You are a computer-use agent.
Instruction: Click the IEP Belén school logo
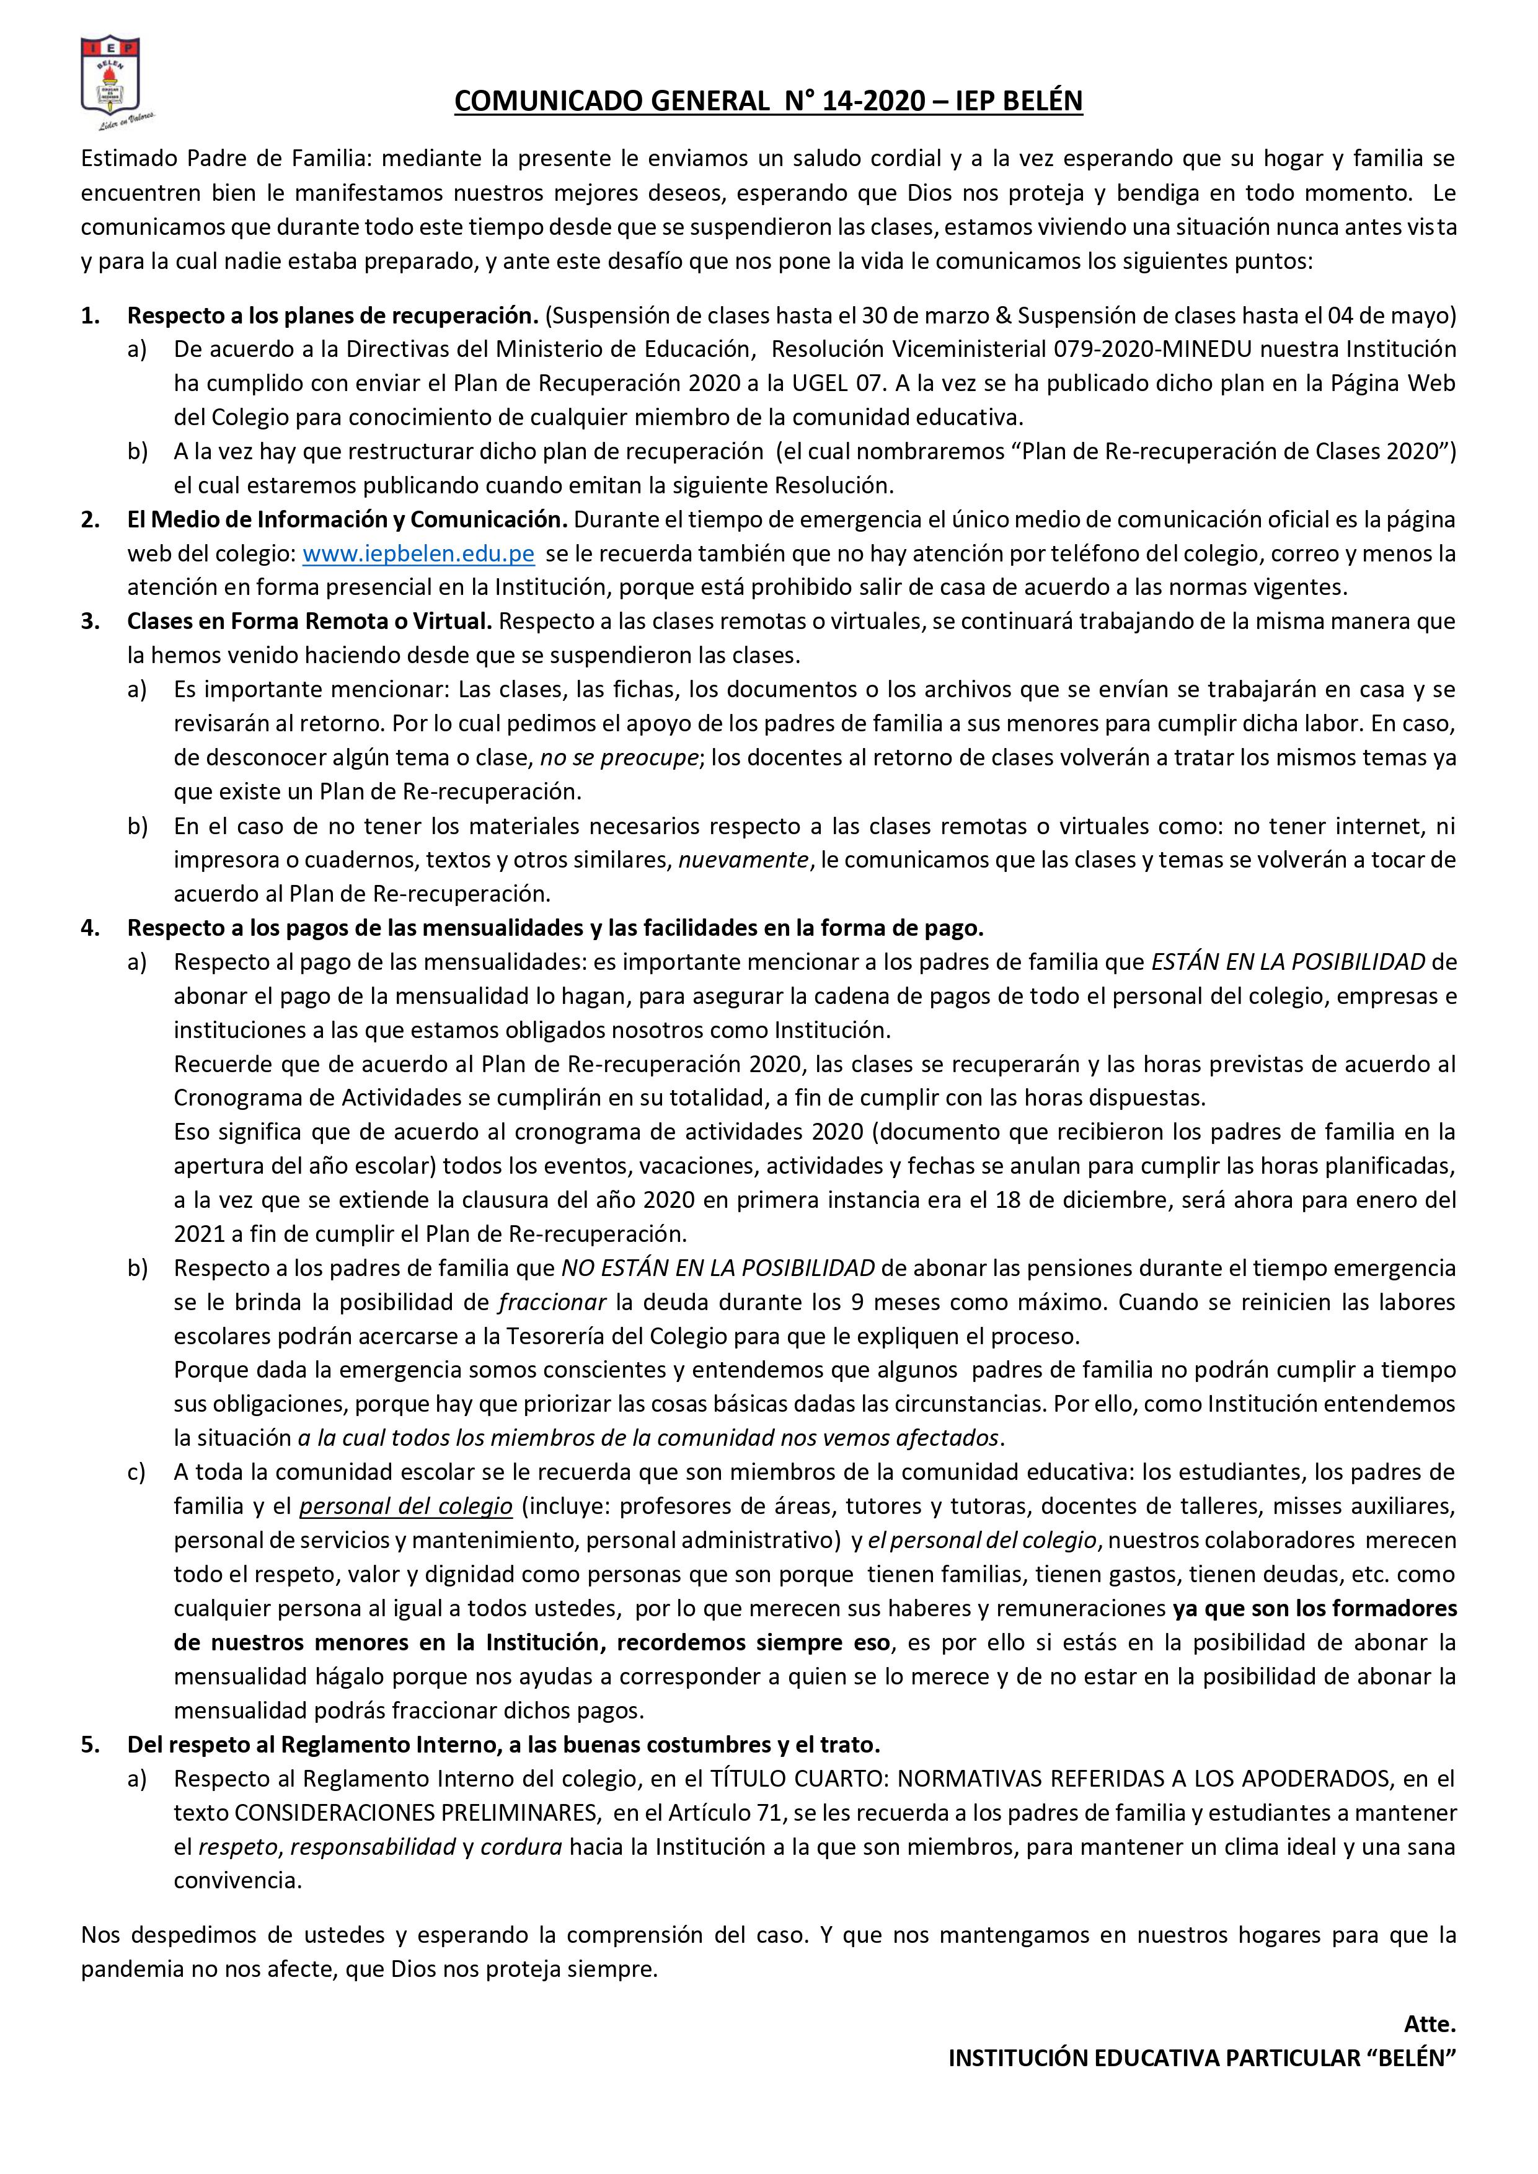pos(111,81)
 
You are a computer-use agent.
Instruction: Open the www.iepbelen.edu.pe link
pos(418,554)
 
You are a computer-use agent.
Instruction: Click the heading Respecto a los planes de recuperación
pos(332,315)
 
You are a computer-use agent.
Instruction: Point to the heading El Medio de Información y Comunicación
pos(348,520)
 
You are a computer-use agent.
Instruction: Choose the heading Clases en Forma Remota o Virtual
pos(310,622)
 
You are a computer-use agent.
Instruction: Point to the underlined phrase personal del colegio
pos(406,1507)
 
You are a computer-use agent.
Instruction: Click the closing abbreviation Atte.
pos(1429,2025)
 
